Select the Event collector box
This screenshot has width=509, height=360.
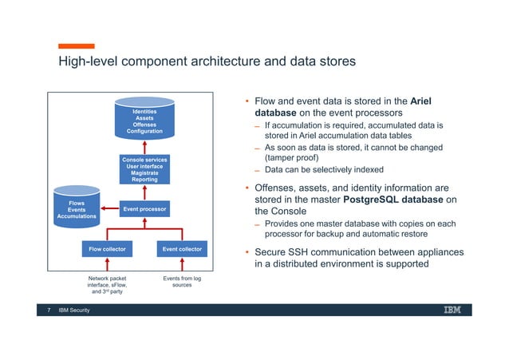click(181, 249)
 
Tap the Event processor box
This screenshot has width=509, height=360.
click(144, 210)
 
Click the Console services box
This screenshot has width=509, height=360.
click(144, 169)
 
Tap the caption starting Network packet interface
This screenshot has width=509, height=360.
click(107, 285)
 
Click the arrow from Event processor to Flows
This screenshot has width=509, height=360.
click(105, 210)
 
